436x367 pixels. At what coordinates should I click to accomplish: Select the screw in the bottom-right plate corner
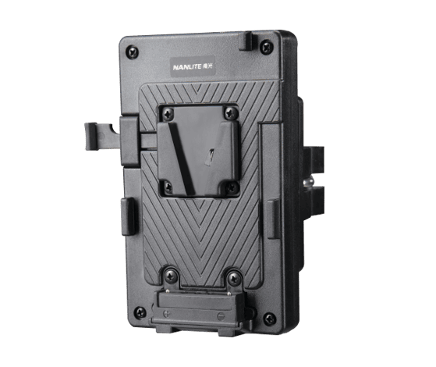[268, 318]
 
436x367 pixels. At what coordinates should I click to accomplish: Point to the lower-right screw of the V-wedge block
[231, 187]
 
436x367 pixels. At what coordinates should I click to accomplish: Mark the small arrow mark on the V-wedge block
[211, 155]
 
